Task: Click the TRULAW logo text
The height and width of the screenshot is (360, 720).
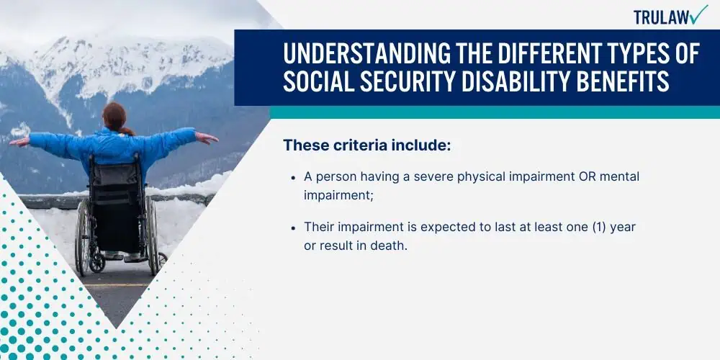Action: coord(661,17)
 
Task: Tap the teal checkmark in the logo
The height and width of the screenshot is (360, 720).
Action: coord(699,14)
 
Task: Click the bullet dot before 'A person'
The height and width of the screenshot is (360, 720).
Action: coord(293,177)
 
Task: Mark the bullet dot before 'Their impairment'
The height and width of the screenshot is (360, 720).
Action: coord(293,228)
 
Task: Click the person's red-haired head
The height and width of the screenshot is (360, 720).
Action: coord(115,116)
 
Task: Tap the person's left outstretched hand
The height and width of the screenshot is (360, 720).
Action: coord(19,142)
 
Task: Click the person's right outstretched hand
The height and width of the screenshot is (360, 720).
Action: coord(207,138)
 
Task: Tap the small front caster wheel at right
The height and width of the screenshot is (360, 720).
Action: coord(162,260)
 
